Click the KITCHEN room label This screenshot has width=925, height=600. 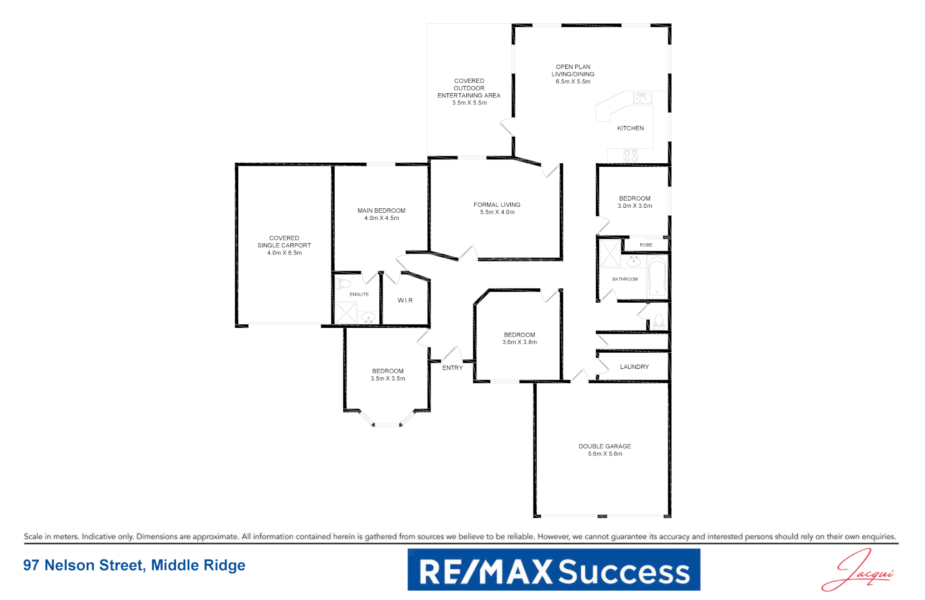click(x=630, y=128)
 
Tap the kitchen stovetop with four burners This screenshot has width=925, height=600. click(x=630, y=156)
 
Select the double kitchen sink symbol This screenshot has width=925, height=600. click(x=642, y=98)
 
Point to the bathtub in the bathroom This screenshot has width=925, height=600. click(x=657, y=276)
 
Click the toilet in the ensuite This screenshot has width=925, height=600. click(x=344, y=284)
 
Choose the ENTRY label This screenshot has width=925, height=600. click(x=452, y=368)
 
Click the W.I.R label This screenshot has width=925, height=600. click(x=405, y=301)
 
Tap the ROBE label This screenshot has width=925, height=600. click(x=646, y=245)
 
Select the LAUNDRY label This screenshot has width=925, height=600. click(x=634, y=367)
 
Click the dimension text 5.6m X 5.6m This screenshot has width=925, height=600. click(x=605, y=454)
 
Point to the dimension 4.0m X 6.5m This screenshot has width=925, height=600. click(x=284, y=253)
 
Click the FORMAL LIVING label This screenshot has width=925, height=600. click(x=497, y=205)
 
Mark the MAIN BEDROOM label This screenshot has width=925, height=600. click(x=381, y=211)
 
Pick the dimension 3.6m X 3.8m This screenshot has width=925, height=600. click(x=519, y=342)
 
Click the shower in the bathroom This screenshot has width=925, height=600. click(x=610, y=254)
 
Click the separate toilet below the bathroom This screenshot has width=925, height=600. click(x=658, y=321)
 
